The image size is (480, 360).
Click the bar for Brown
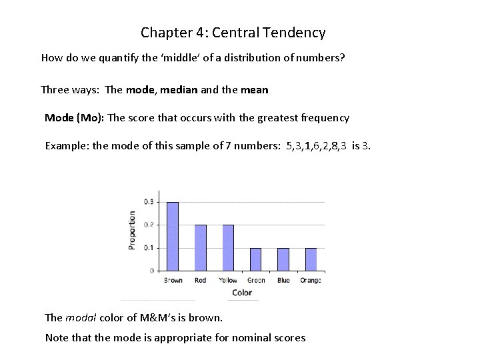pyautogui.click(x=173, y=236)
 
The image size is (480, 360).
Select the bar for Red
pyautogui.click(x=201, y=247)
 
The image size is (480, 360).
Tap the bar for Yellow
pyautogui.click(x=228, y=247)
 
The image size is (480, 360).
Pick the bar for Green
pyautogui.click(x=256, y=259)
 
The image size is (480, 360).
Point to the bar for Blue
pyautogui.click(x=283, y=259)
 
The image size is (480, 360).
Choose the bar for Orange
pyautogui.click(x=311, y=259)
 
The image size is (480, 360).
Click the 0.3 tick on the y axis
pyautogui.click(x=149, y=201)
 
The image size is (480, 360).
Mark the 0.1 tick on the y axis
pyautogui.click(x=149, y=247)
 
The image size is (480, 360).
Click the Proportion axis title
pyautogui.click(x=132, y=230)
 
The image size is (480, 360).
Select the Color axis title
pyautogui.click(x=242, y=293)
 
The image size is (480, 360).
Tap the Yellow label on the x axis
pyautogui.click(x=228, y=281)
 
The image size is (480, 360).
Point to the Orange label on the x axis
pyautogui.click(x=311, y=281)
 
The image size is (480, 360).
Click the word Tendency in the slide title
pyautogui.click(x=294, y=32)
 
